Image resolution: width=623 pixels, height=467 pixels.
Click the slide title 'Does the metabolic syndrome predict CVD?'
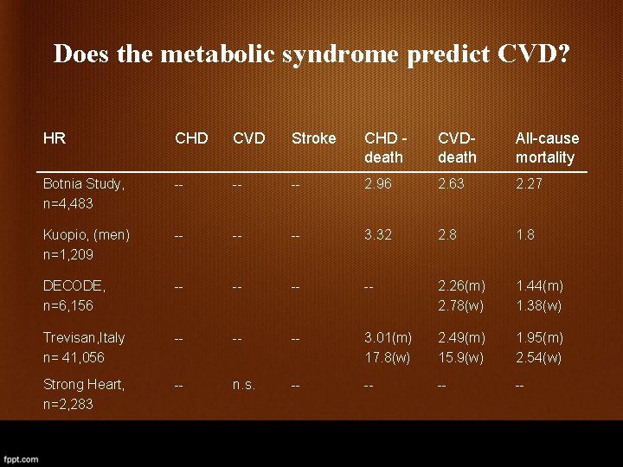click(x=311, y=54)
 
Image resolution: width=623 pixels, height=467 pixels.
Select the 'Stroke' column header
click(x=313, y=138)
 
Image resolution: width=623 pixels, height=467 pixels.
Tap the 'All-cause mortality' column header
click(x=547, y=148)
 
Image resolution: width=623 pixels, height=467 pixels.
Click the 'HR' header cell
click(x=55, y=138)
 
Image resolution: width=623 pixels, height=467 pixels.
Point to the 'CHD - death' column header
click(x=384, y=148)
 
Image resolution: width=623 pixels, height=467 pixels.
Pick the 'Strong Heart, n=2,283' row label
click(x=83, y=394)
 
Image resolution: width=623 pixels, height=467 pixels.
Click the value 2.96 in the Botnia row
click(x=379, y=184)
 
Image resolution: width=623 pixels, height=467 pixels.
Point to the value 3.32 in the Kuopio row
click(x=379, y=235)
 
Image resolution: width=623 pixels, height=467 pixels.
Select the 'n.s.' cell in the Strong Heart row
click(x=243, y=385)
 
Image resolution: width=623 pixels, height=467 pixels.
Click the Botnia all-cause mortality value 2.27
click(x=530, y=184)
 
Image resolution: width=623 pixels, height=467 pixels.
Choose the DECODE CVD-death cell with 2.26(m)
click(x=462, y=286)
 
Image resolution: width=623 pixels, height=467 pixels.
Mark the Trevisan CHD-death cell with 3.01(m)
click(x=388, y=337)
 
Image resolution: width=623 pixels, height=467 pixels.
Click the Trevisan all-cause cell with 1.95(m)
click(x=539, y=337)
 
